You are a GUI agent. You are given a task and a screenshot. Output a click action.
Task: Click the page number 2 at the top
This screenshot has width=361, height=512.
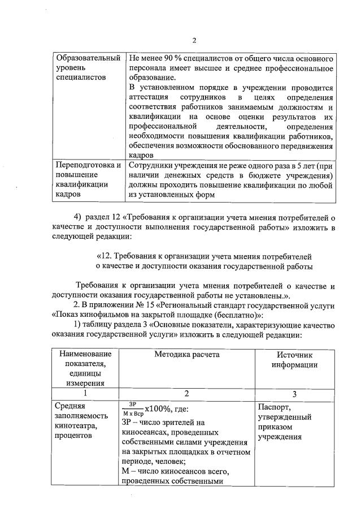tap(193, 40)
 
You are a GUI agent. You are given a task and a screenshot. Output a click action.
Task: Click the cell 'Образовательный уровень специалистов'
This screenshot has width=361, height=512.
tap(89, 67)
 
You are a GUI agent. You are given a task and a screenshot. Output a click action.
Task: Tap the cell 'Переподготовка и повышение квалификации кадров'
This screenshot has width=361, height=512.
tap(89, 179)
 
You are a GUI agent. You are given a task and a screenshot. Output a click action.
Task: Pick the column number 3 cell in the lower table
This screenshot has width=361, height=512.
tap(294, 394)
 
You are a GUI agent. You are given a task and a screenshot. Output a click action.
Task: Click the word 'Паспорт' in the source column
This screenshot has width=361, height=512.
tap(274, 407)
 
